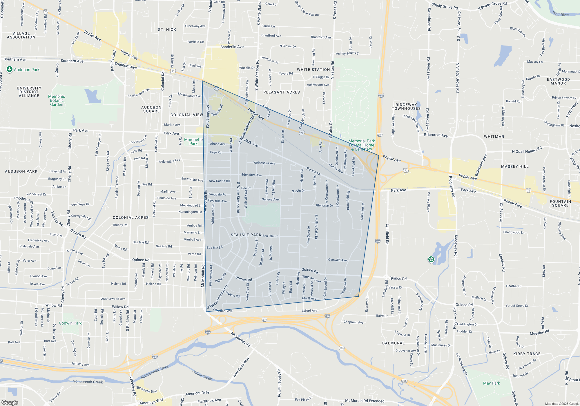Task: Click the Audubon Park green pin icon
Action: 10,69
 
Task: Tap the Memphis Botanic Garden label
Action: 57,101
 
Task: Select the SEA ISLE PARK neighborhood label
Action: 246,235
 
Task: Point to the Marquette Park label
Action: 193,142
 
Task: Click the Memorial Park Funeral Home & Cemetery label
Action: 362,145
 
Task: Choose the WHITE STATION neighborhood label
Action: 313,70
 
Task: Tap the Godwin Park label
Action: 70,323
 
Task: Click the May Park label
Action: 492,383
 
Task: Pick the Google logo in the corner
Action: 10,403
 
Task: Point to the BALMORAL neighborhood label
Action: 393,343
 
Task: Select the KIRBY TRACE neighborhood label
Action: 527,354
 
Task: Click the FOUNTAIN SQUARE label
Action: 560,203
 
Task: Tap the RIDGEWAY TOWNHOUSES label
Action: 406,106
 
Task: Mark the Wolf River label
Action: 561,14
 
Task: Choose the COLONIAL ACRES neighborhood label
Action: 130,217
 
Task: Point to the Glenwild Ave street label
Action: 337,260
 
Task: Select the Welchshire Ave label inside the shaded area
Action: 264,163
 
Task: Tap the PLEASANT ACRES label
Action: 281,92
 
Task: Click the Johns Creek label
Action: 202,375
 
